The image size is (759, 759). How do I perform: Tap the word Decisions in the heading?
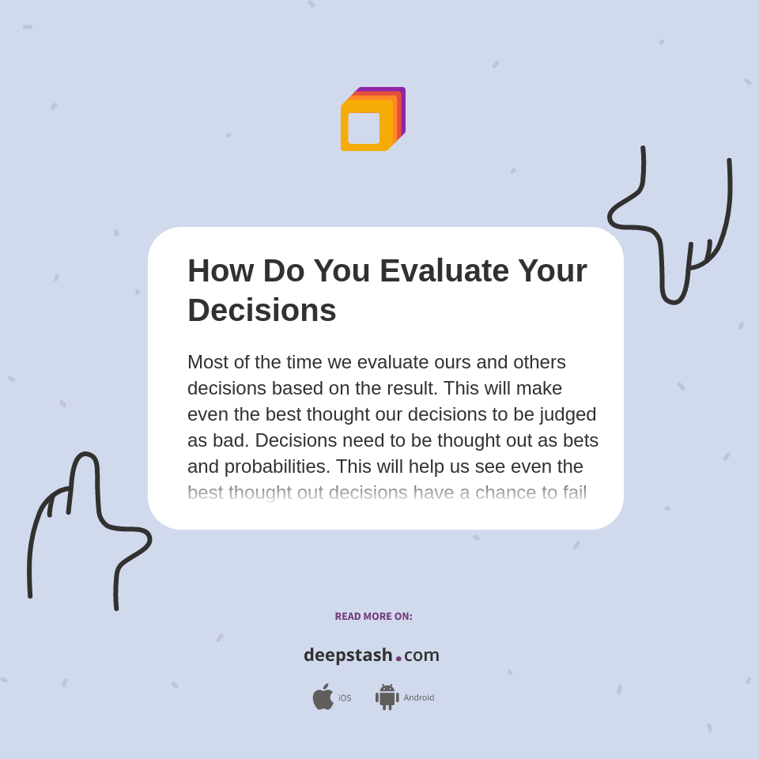262,310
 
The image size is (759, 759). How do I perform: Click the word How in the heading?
221,270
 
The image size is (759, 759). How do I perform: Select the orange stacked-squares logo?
372,119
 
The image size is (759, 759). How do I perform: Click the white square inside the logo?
364,128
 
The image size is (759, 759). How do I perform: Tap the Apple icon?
323,697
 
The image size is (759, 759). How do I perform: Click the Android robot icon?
387,697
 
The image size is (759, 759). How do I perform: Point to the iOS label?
345,698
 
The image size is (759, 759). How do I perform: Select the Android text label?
419,697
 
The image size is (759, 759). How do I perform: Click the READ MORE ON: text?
373,617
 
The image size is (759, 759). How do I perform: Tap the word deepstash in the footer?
348,655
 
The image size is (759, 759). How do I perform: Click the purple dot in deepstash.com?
398,658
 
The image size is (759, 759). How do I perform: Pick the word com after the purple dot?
421,655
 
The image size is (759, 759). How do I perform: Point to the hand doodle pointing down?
673,229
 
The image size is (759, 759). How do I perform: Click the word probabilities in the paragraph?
276,466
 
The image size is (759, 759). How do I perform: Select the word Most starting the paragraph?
208,362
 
